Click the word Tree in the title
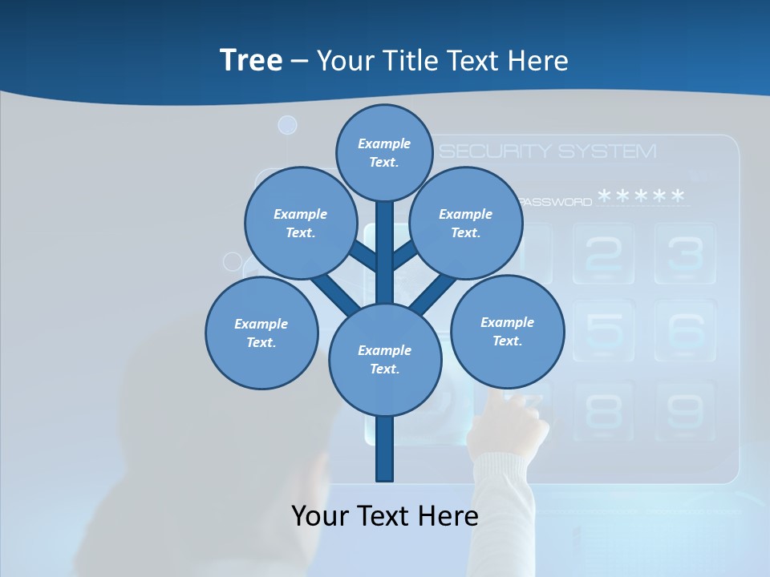tap(251, 61)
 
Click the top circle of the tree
tap(384, 152)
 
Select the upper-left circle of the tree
tap(300, 223)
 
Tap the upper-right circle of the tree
tap(466, 223)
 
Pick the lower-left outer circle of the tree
tap(261, 333)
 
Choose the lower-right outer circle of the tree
tap(507, 332)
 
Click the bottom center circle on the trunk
tap(385, 360)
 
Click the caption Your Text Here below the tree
tap(385, 516)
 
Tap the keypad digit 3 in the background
tap(684, 253)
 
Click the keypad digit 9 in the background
tap(684, 410)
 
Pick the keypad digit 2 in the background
tap(602, 253)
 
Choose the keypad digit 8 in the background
tap(602, 410)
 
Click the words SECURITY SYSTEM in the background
tap(548, 151)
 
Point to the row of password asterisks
tap(642, 197)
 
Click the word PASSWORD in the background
tap(556, 202)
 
